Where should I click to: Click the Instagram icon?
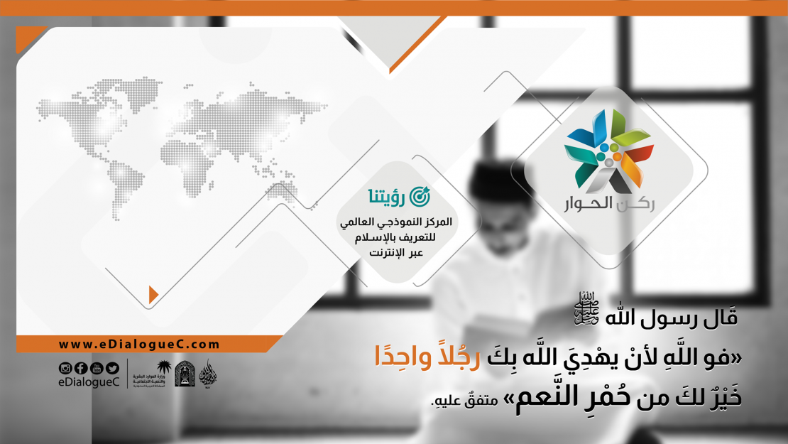click(65, 368)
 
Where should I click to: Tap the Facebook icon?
click(80, 368)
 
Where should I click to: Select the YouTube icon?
click(97, 368)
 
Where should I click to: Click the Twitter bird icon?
click(112, 368)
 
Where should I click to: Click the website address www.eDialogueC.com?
click(139, 345)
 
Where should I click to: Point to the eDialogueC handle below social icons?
click(89, 383)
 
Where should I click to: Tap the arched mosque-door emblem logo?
click(185, 374)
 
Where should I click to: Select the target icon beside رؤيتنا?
click(420, 194)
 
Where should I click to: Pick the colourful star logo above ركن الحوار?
click(608, 152)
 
